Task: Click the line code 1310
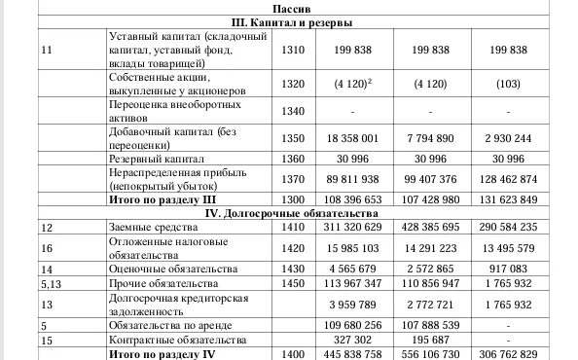click(x=292, y=50)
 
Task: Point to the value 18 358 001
click(x=355, y=139)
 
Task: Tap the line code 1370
click(x=292, y=180)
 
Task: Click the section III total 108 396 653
click(x=355, y=198)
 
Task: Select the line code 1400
click(x=292, y=355)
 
